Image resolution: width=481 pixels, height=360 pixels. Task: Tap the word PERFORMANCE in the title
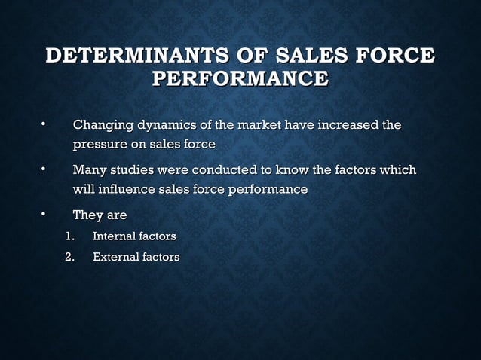click(x=240, y=78)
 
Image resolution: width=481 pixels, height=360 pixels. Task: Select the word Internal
click(x=113, y=237)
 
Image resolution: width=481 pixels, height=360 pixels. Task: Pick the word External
click(x=115, y=258)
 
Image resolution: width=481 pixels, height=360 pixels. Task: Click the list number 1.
click(x=69, y=237)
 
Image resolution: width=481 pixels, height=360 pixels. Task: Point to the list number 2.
click(x=69, y=258)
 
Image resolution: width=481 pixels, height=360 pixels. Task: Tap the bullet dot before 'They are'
click(x=44, y=214)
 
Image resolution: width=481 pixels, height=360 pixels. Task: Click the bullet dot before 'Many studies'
click(x=44, y=169)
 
